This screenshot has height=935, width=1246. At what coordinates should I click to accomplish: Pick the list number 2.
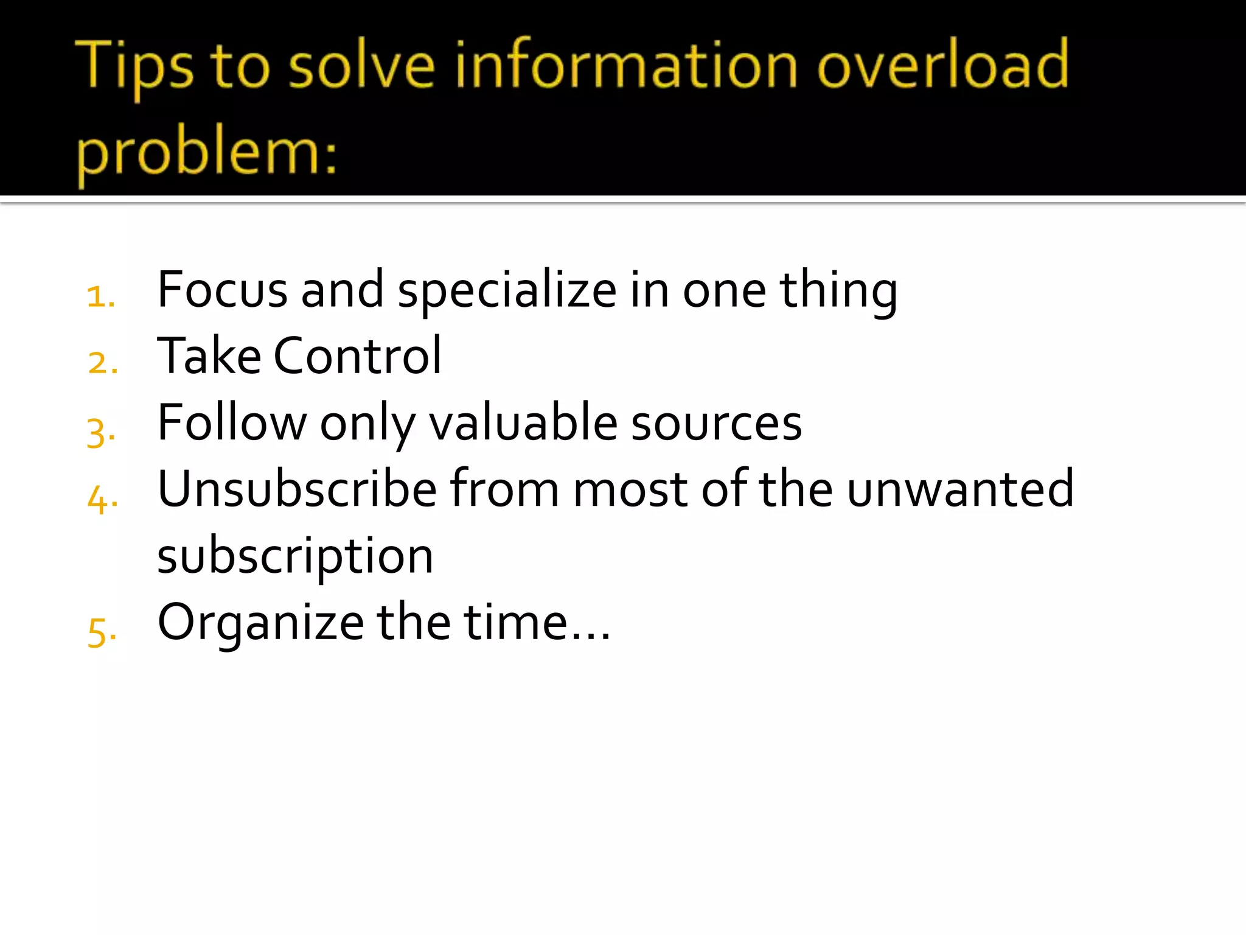102,363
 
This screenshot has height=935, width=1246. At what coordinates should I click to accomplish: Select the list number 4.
102,499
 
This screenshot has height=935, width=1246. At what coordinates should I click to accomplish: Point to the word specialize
507,291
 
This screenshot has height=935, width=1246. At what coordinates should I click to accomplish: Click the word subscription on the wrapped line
295,557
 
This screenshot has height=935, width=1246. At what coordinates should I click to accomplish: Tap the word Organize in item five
260,623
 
